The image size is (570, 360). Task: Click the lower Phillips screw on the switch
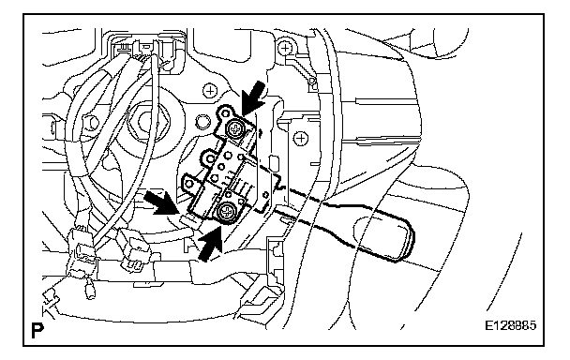click(225, 212)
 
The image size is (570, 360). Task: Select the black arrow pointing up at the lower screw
click(210, 243)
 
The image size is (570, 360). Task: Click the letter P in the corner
click(37, 330)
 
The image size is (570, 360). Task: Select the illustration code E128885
click(510, 324)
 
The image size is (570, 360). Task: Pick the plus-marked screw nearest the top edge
click(285, 47)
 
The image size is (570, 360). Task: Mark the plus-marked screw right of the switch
click(300, 138)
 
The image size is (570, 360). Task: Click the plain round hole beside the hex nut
click(202, 120)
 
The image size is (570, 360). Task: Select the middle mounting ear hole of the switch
click(210, 158)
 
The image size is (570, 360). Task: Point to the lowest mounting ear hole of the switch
click(189, 184)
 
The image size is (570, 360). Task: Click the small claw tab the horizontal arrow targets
click(187, 219)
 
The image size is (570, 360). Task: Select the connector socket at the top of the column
click(145, 49)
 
